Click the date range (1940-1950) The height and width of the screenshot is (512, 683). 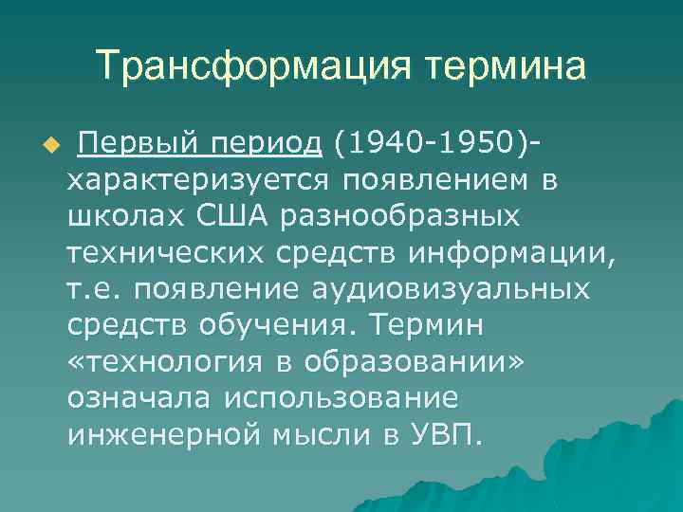[433, 143]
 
